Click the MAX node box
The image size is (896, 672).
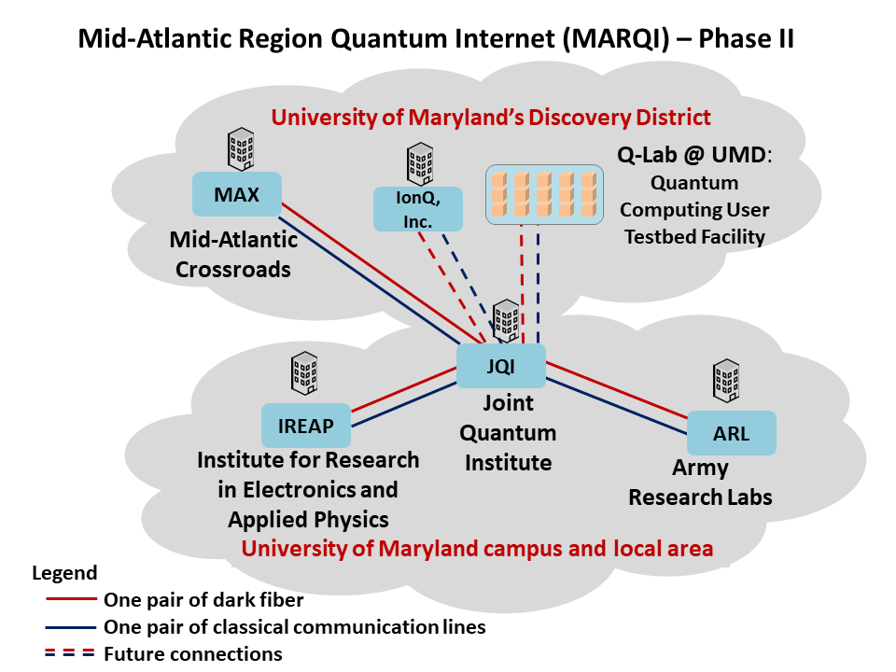[x=236, y=194]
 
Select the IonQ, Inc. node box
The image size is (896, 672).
[x=418, y=209]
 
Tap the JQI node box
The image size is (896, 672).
[x=501, y=366]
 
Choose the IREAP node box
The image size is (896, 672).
[x=306, y=426]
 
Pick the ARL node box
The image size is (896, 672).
[x=732, y=433]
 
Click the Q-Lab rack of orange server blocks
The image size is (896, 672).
[x=544, y=195]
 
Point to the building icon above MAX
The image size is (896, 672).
[x=241, y=149]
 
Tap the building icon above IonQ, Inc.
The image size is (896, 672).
[x=420, y=164]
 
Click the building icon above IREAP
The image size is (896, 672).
[x=304, y=373]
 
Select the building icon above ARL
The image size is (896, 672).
[x=727, y=381]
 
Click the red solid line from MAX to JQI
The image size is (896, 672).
[x=382, y=273]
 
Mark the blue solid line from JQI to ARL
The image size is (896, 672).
[x=617, y=406]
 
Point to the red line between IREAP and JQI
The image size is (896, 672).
[x=403, y=390]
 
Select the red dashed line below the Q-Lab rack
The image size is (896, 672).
[x=522, y=284]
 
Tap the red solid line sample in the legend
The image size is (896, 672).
[x=71, y=599]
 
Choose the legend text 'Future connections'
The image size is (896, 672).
[x=193, y=653]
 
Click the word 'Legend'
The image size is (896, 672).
[x=64, y=572]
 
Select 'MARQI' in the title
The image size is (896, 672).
[x=615, y=39]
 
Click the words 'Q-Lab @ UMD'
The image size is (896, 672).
[x=692, y=155]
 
